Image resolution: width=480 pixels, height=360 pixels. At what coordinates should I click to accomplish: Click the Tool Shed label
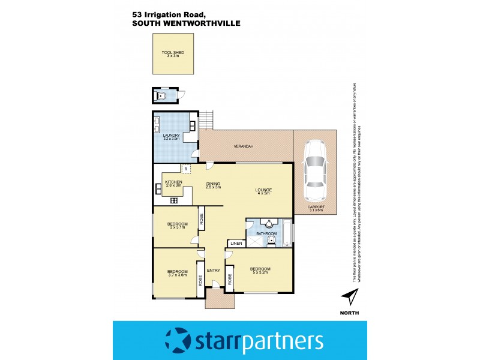173,53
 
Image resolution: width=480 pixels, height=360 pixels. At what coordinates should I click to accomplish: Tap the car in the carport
315,171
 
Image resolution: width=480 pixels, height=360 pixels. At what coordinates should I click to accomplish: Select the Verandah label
244,146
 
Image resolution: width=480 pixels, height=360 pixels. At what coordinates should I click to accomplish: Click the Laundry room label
172,136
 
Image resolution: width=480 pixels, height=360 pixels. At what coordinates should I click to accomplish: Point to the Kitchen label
173,183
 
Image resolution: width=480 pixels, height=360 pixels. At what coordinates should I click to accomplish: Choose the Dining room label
213,185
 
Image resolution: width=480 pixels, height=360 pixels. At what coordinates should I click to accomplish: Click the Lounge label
265,191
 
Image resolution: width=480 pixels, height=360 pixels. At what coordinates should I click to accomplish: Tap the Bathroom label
267,233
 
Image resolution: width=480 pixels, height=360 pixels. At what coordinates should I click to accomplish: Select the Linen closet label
235,244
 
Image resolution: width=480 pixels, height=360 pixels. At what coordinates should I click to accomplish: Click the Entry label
214,270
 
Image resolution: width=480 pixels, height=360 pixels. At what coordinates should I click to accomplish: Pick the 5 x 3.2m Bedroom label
260,270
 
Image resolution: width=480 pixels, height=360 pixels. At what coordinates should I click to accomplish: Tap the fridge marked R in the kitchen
187,169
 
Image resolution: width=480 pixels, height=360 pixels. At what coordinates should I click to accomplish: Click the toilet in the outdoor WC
161,95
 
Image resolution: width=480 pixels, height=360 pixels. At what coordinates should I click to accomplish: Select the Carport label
315,208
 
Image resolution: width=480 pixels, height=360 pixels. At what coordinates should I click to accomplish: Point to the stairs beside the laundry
207,119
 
